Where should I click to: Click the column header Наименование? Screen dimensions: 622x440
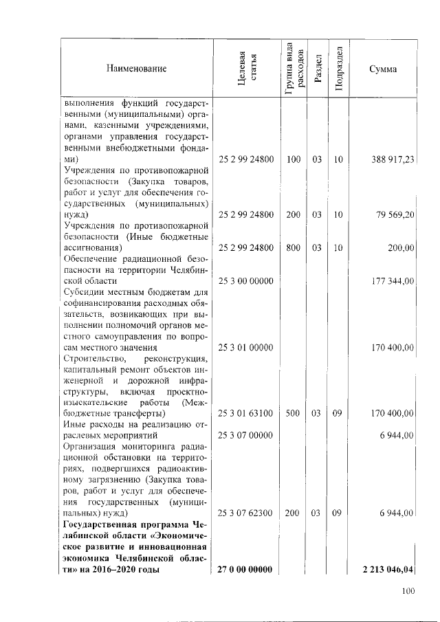click(x=136, y=69)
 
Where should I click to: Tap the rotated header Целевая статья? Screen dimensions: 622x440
click(x=246, y=69)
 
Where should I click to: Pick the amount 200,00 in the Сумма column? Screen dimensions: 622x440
click(x=400, y=248)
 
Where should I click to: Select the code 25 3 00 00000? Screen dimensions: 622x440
click(x=246, y=281)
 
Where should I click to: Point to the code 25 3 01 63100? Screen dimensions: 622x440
click(x=246, y=414)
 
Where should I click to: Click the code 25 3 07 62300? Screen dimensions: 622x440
click(x=246, y=513)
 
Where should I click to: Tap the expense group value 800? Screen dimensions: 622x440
click(x=294, y=248)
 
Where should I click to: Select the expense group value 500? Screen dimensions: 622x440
click(x=294, y=414)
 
